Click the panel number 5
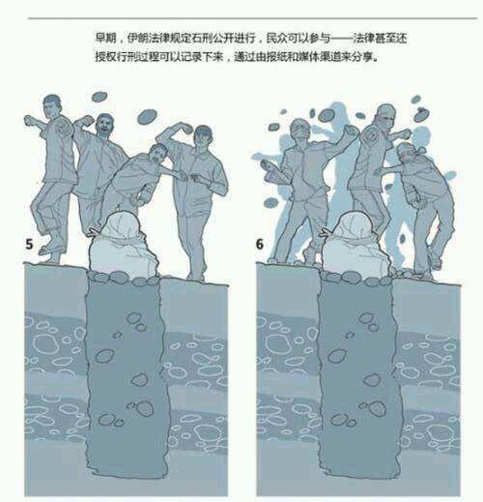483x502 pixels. click(30, 244)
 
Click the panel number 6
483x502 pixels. click(261, 244)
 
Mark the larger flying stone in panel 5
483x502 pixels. click(99, 97)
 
